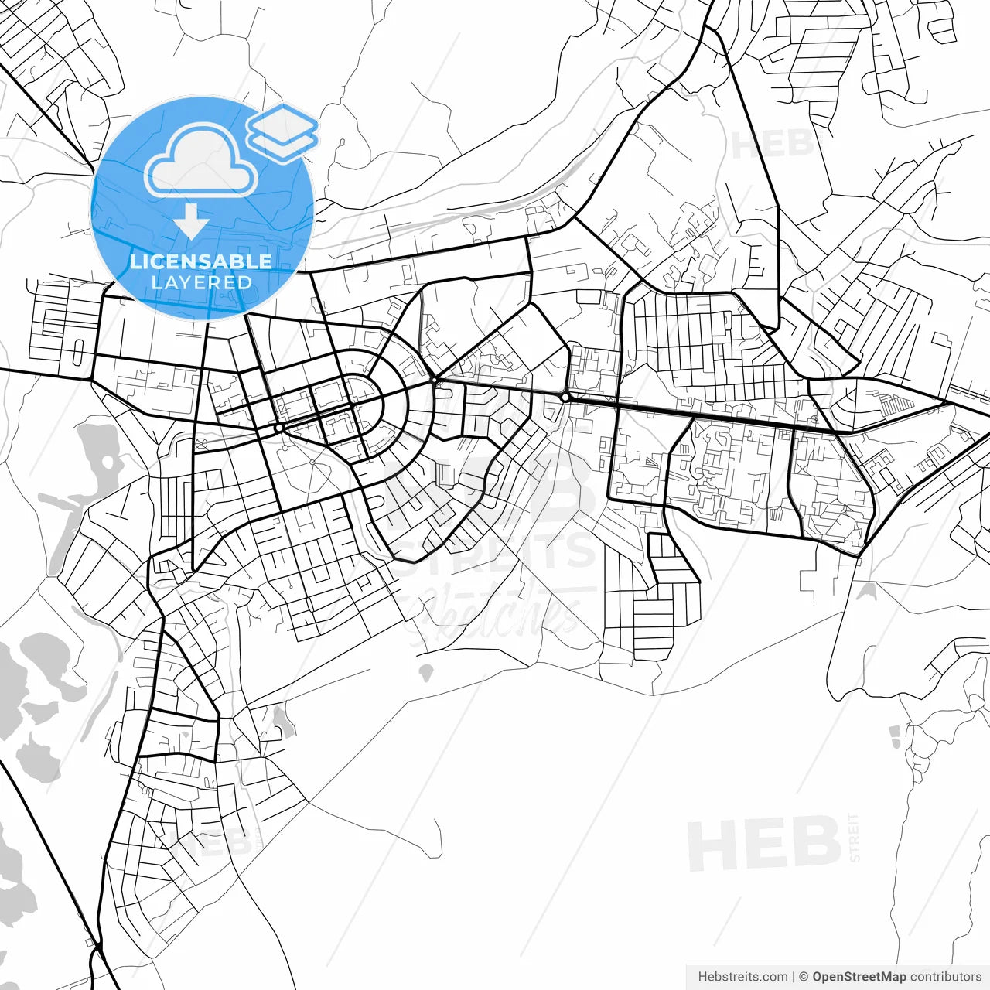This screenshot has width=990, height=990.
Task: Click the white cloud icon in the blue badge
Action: click(x=201, y=161)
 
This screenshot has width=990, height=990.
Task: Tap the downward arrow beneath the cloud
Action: click(x=191, y=221)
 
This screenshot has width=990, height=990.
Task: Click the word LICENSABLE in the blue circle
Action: click(x=201, y=261)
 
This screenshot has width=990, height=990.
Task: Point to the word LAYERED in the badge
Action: click(x=201, y=282)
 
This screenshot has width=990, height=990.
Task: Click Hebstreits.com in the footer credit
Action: click(x=742, y=977)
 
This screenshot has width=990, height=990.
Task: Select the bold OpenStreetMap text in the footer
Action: click(x=859, y=977)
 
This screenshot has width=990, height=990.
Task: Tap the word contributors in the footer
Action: click(x=945, y=977)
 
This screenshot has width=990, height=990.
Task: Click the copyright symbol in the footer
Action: click(x=804, y=977)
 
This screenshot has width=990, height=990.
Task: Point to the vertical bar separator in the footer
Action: click(x=794, y=977)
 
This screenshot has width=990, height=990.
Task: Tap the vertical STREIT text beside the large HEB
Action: click(x=854, y=837)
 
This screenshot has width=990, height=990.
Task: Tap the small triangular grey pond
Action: click(x=866, y=592)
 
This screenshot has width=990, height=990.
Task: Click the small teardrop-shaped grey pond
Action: click(x=425, y=671)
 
